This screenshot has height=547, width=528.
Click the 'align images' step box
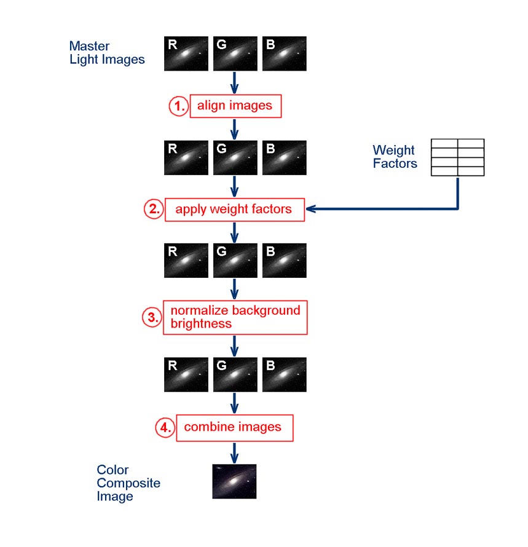pos(235,106)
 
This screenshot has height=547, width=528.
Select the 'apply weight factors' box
pos(234,209)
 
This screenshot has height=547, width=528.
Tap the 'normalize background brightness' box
pos(235,317)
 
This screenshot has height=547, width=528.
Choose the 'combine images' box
pos(234,427)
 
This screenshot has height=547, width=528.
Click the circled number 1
pos(178,106)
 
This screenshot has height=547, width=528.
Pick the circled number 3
pos(152,317)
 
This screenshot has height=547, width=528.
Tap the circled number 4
pos(165,428)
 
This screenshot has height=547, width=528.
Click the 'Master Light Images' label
pos(107,53)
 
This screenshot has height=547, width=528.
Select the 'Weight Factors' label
pos(395,157)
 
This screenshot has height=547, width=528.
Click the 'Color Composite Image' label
pos(128,483)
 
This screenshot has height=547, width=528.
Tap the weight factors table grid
pos(457,157)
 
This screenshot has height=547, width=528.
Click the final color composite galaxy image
pos(234,481)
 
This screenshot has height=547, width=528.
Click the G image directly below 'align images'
pos(235,158)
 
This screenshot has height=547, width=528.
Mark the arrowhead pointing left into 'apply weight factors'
pos(310,209)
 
